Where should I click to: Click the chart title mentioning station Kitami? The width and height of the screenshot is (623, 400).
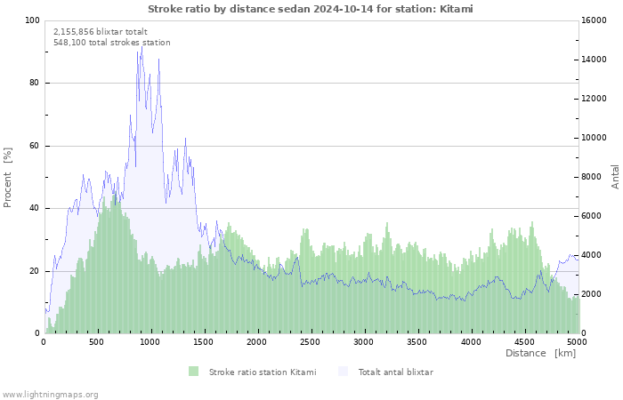[x=311, y=9]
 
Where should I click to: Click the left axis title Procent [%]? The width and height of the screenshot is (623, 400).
[x=8, y=178]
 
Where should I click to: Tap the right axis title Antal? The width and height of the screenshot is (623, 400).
[x=615, y=176]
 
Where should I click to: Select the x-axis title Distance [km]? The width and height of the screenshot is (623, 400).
[x=540, y=353]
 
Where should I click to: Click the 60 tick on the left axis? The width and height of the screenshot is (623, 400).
[x=35, y=146]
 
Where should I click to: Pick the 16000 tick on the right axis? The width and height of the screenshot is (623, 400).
[x=594, y=20]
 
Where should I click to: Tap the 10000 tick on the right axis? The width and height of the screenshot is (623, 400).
[x=594, y=138]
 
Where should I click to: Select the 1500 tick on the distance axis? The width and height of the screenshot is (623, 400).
[x=204, y=341]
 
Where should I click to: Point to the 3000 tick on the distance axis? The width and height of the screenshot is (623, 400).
[x=363, y=341]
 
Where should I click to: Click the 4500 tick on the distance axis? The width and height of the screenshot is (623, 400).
[x=523, y=341]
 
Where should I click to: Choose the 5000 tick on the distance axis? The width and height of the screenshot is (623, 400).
[x=576, y=341]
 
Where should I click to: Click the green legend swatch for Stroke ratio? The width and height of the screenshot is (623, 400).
[x=193, y=372]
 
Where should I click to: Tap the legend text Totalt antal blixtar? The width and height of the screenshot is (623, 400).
[x=395, y=372]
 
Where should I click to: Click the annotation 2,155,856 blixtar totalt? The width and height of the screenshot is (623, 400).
[x=101, y=31]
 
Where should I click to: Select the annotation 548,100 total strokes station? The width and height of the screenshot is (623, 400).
[x=111, y=43]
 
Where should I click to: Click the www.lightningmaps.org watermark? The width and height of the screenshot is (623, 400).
[x=50, y=394]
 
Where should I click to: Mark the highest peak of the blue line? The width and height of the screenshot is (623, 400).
[x=141, y=47]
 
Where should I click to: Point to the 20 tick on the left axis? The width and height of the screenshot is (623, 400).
[x=35, y=271]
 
